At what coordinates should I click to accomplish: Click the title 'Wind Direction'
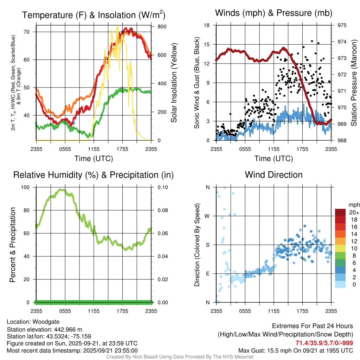click(x=274, y=175)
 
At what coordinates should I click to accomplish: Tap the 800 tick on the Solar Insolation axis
click(x=157, y=26)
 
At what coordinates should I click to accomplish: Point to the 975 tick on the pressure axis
click(x=342, y=25)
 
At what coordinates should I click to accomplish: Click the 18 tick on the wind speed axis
click(x=207, y=25)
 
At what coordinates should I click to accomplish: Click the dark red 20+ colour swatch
click(x=341, y=212)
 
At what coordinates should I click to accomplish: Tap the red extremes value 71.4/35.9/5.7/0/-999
click(x=324, y=343)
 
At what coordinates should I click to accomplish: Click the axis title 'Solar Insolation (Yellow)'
click(x=174, y=83)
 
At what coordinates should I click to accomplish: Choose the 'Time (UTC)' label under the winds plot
click(x=274, y=159)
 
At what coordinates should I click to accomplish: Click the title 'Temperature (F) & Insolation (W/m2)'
click(x=94, y=15)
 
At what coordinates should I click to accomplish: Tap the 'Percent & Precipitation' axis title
click(x=13, y=245)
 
